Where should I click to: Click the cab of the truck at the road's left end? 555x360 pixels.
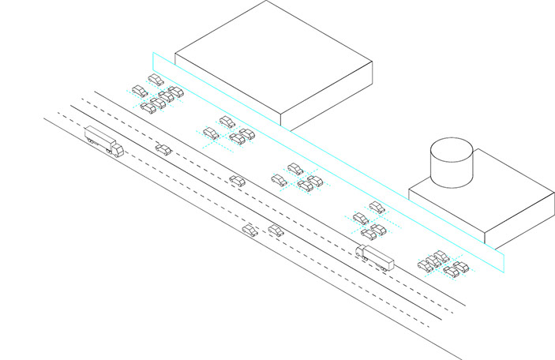click(114, 148)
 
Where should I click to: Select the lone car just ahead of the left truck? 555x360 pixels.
click(163, 148)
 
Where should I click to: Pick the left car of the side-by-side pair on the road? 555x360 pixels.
click(250, 230)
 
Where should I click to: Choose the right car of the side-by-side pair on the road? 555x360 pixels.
click(276, 230)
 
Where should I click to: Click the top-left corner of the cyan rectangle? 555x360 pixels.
click(153, 54)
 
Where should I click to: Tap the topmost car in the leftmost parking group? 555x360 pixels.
click(155, 80)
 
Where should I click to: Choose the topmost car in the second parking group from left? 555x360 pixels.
click(227, 122)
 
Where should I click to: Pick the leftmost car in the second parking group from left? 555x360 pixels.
click(210, 133)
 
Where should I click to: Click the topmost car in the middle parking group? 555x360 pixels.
click(295, 168)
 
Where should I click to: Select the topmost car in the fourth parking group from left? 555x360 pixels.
click(377, 207)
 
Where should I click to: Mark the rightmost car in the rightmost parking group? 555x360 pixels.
click(460, 267)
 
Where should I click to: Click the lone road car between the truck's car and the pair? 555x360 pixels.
click(237, 180)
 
